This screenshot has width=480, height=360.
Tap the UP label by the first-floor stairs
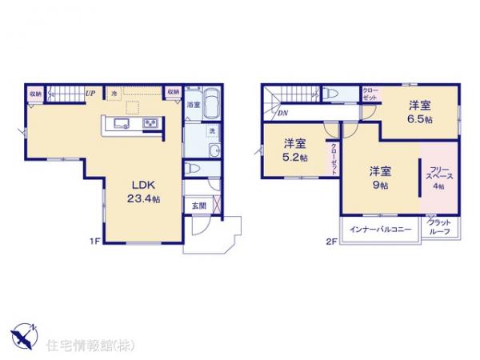tap(90, 94)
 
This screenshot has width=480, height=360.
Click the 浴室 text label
tap(193, 105)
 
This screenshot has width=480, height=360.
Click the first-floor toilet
tap(192, 169)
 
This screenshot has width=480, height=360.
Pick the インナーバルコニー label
tap(381, 230)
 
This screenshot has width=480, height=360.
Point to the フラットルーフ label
tap(441, 226)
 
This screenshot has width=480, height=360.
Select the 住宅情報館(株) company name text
tap(81, 346)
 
